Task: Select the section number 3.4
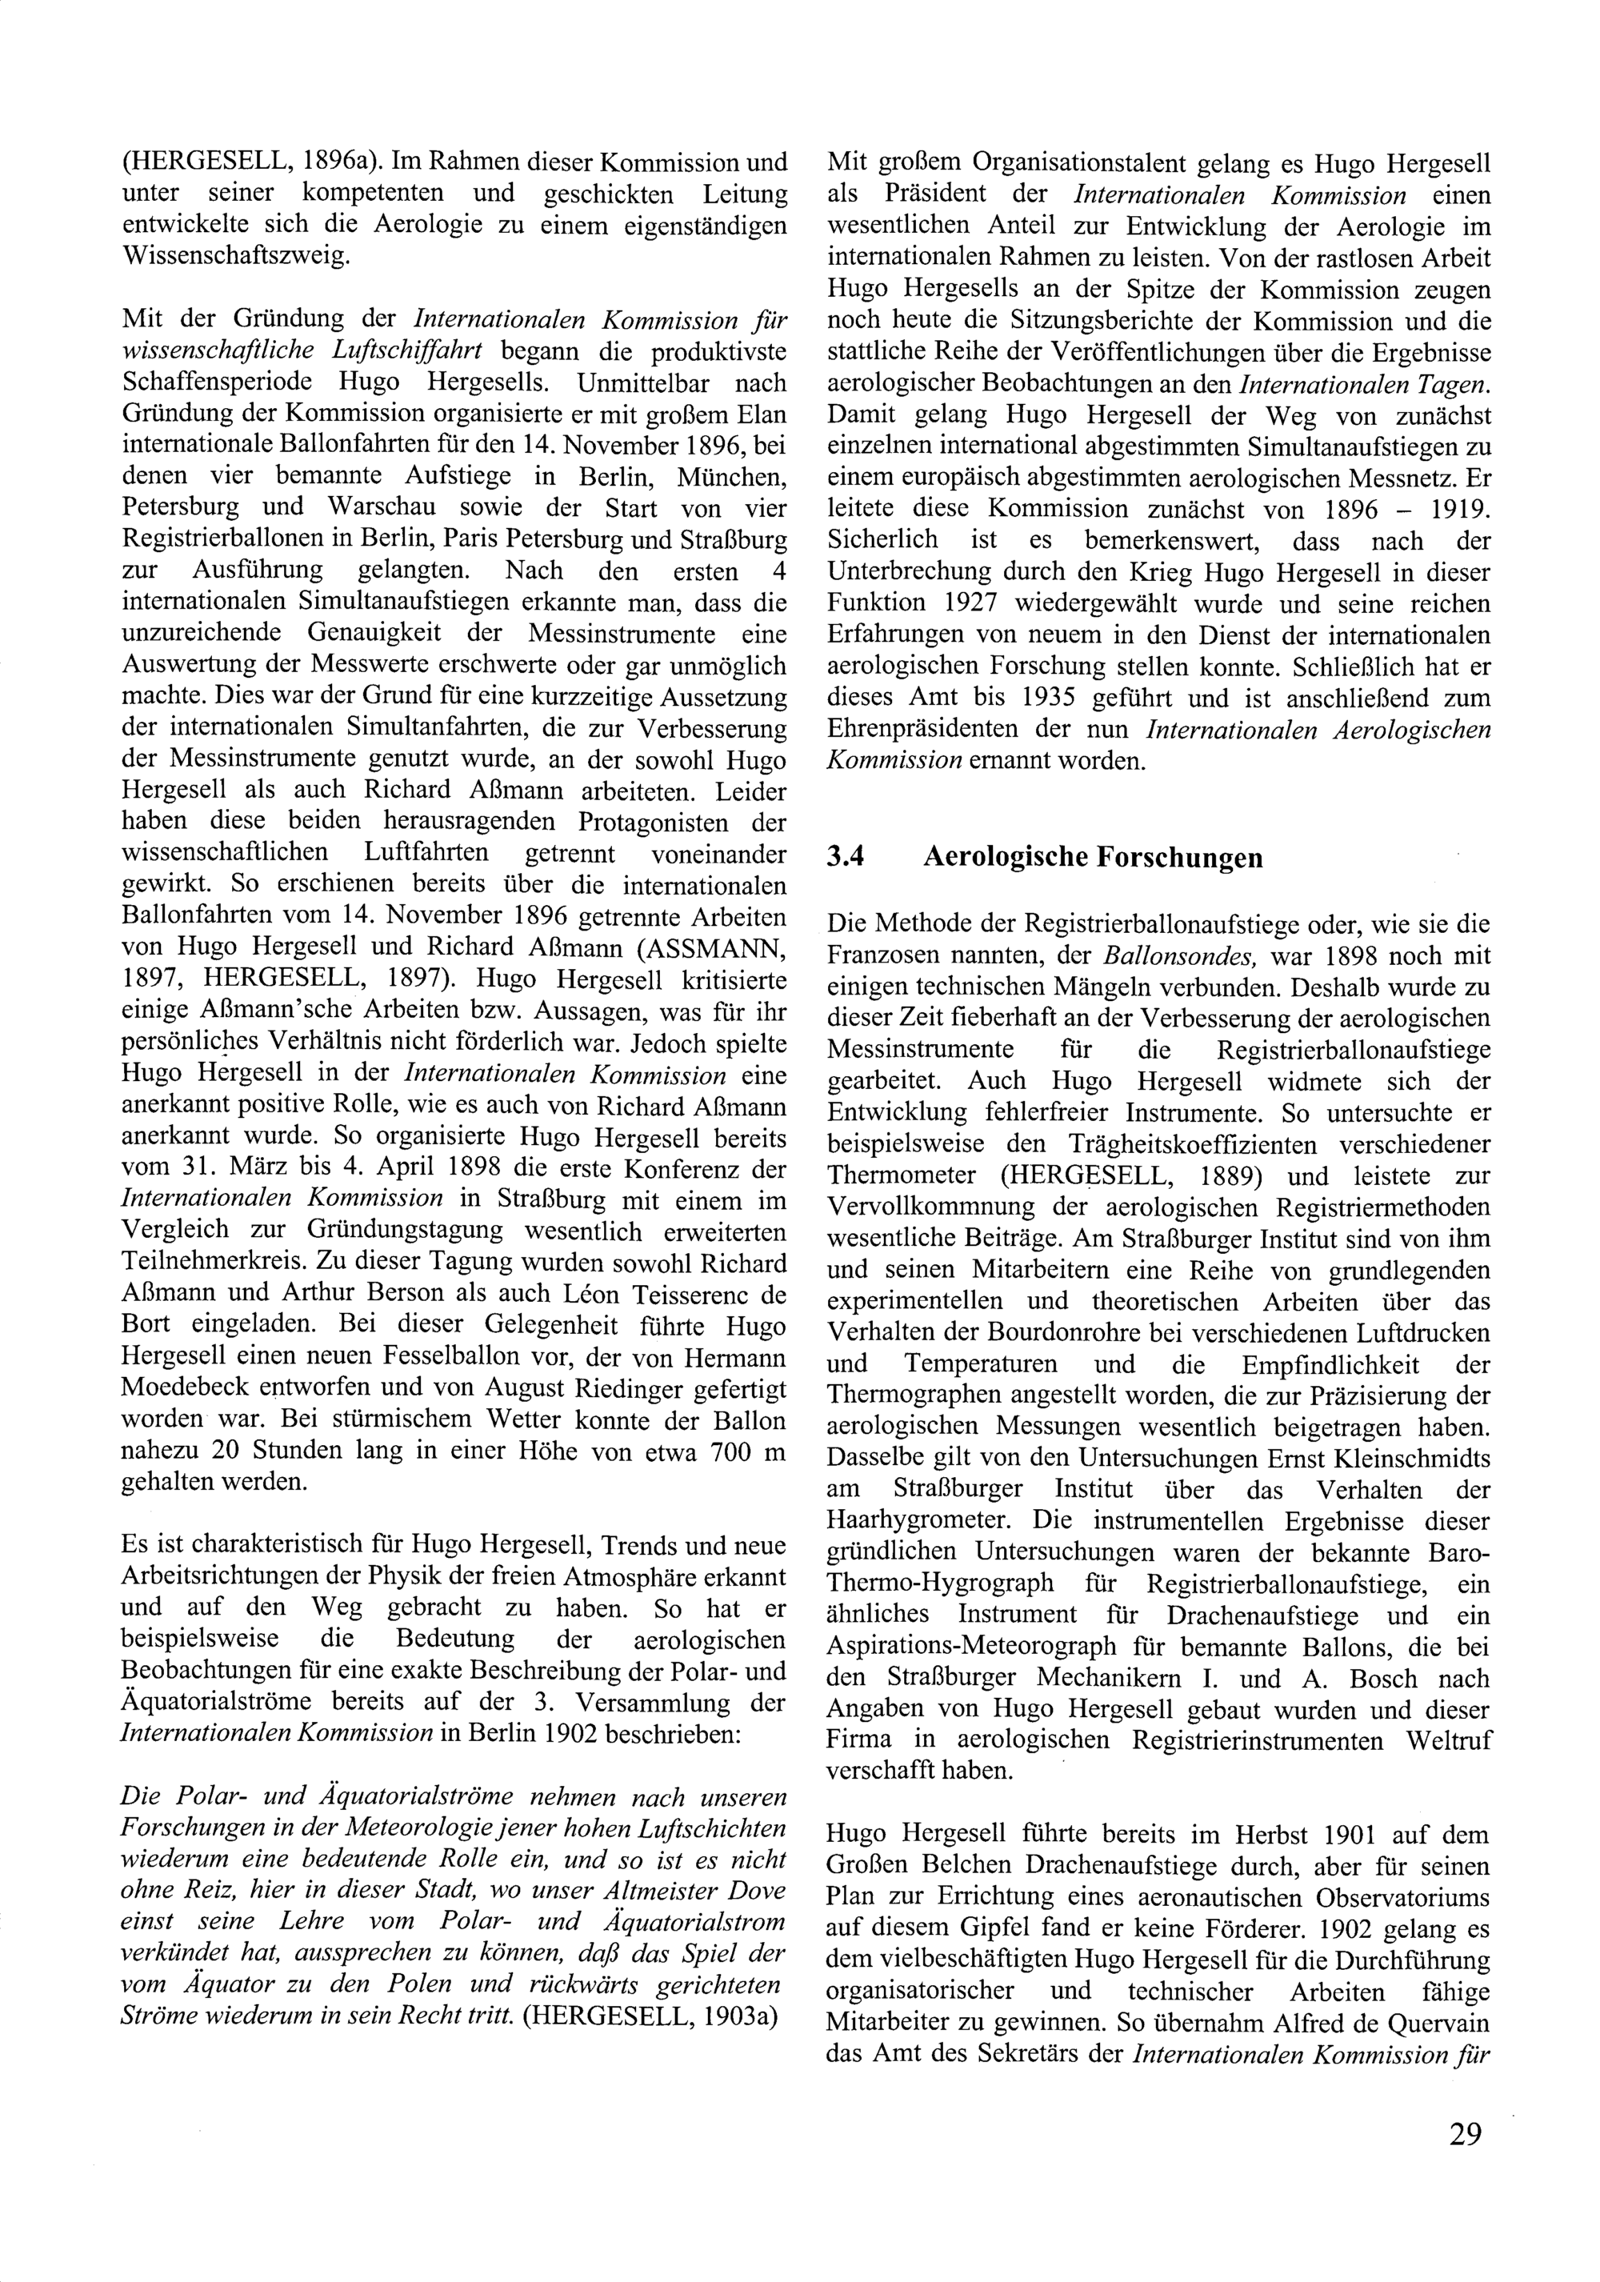[845, 857]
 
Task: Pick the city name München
[730, 477]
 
